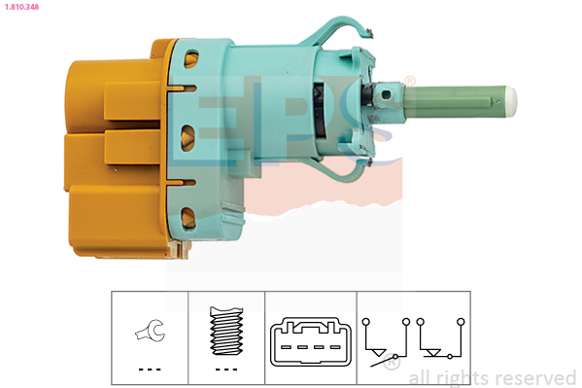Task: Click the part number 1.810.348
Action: [x=21, y=7]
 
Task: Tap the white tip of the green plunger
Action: [x=511, y=101]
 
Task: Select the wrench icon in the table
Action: [x=150, y=331]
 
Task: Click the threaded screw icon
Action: [x=226, y=331]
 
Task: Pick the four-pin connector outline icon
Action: [x=311, y=341]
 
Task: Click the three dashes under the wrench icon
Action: [x=150, y=370]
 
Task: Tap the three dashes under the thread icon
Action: [x=226, y=370]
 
